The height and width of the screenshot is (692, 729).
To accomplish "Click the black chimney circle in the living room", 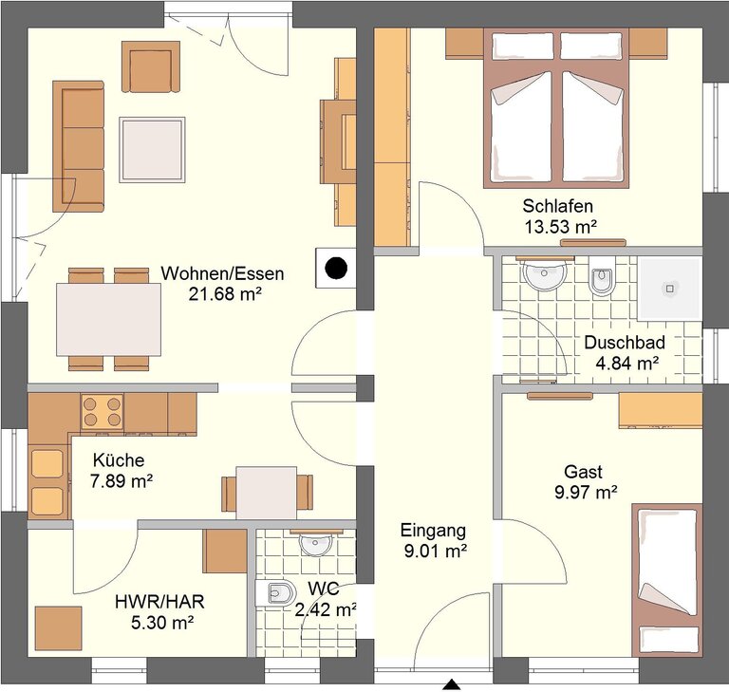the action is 336,268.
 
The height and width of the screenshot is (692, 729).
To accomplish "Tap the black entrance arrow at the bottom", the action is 452,685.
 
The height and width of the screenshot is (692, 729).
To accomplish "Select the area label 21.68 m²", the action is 225,294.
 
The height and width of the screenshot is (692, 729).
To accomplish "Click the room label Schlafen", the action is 557,206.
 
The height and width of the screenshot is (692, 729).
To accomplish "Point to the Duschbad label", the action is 625,343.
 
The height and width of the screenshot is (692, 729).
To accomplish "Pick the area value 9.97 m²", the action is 586,492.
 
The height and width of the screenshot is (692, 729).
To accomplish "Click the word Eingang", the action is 433,531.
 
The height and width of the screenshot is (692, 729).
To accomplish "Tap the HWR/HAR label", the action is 159,602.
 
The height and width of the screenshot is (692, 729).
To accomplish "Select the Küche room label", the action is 119,460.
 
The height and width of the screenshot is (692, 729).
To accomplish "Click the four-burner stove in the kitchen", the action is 103,412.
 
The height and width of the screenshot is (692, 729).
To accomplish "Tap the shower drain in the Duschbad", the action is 669,289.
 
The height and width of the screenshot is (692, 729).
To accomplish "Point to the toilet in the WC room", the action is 275,593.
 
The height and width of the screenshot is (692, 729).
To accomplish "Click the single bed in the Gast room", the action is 666,580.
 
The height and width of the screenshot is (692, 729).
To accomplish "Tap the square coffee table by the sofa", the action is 152,150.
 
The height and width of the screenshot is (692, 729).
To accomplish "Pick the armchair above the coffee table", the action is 151,66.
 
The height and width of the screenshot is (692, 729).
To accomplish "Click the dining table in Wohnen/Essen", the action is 109,320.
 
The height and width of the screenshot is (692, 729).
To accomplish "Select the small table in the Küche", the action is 267,493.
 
